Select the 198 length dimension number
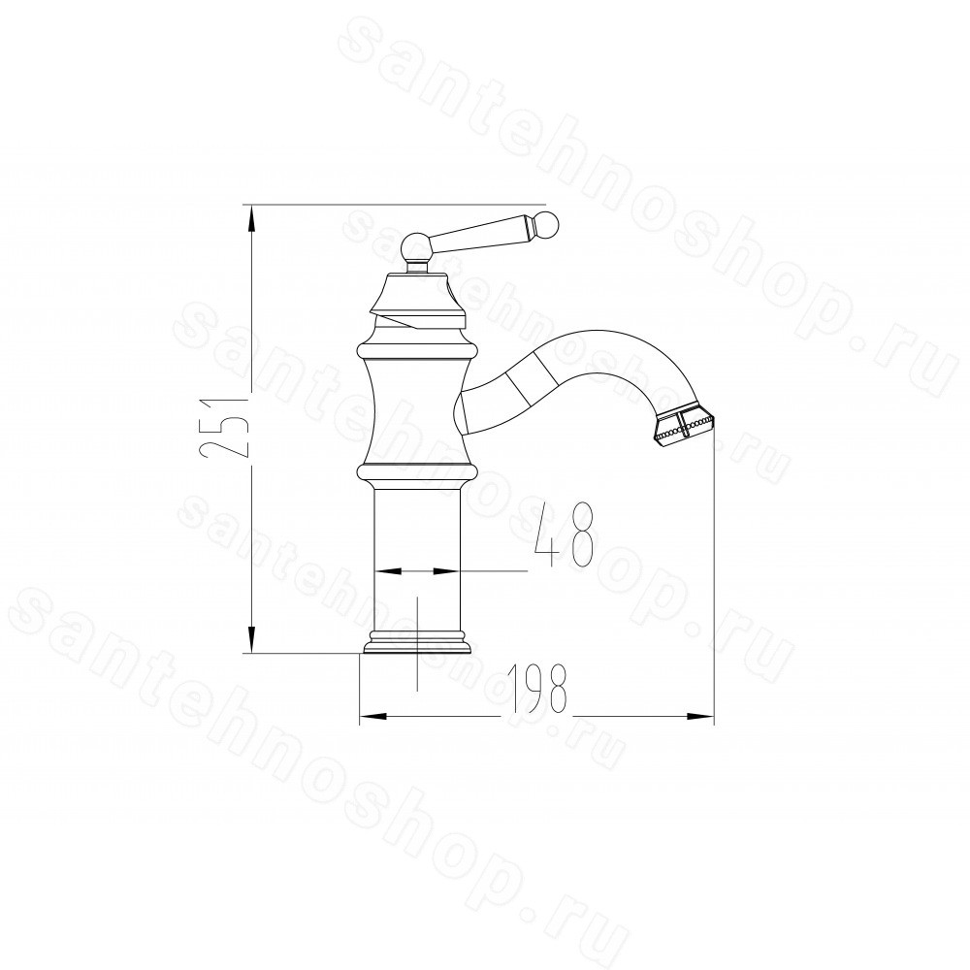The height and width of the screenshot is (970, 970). pos(536,689)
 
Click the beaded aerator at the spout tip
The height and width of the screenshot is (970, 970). pos(683,425)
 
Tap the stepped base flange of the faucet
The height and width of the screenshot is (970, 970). pos(417,642)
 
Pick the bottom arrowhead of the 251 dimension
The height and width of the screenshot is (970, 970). pos(250,638)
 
